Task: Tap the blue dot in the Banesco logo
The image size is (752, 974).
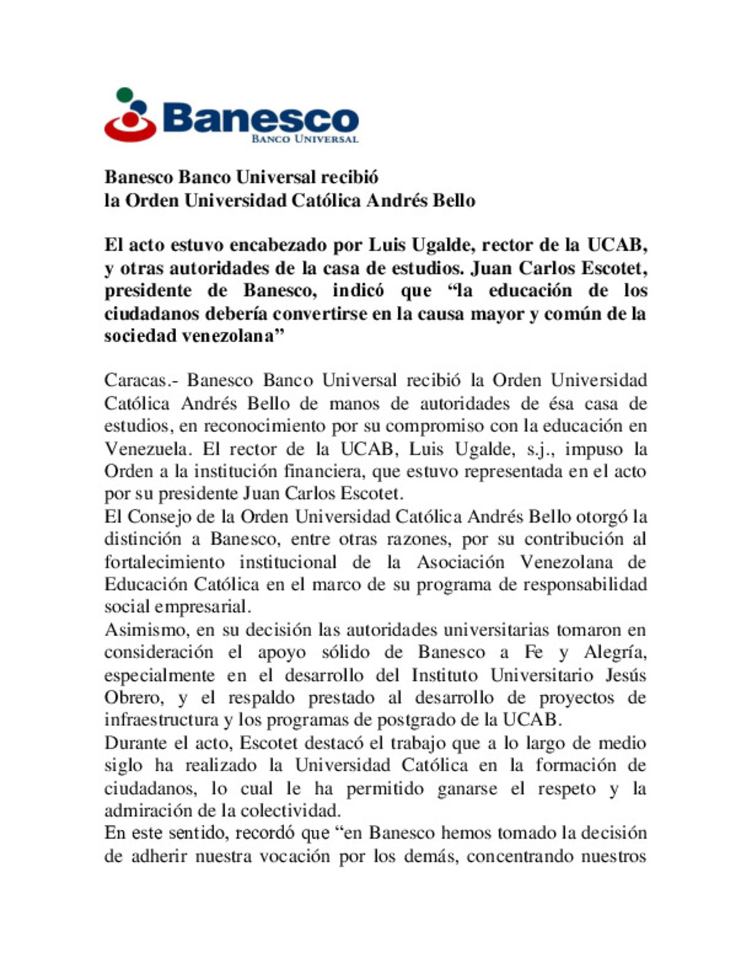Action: tap(139, 107)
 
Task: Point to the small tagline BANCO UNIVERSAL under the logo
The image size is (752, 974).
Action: tap(304, 139)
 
